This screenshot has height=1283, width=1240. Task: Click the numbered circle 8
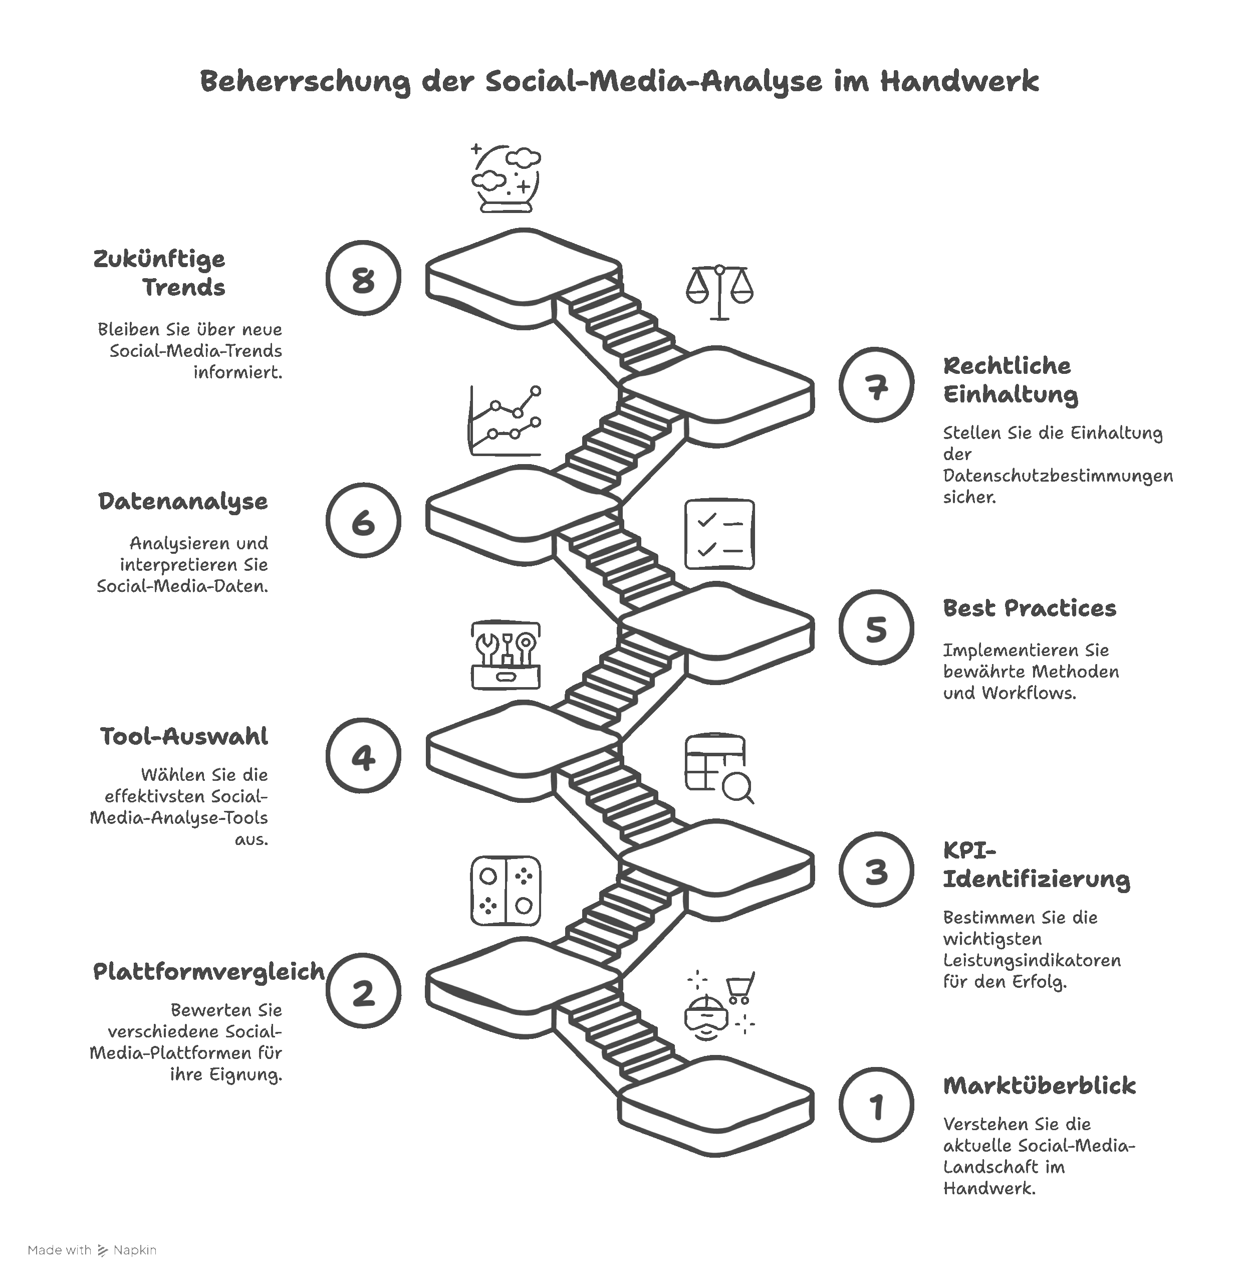tap(363, 278)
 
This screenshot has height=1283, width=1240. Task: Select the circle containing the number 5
tap(876, 627)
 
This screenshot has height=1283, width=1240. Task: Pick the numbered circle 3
tap(876, 870)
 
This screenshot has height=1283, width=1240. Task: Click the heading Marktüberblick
tap(1039, 1086)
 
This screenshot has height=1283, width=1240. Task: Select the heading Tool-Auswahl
tap(184, 736)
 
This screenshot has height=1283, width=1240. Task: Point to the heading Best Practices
tap(1029, 608)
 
